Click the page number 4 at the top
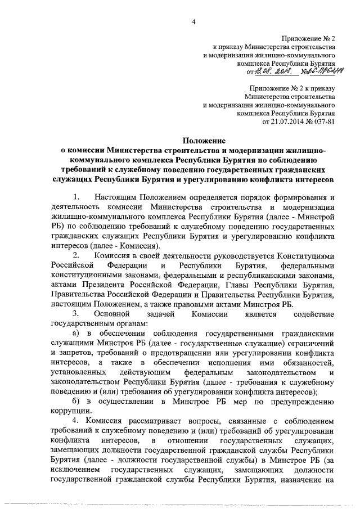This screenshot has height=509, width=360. (193, 22)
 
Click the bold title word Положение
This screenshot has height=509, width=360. (204, 141)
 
